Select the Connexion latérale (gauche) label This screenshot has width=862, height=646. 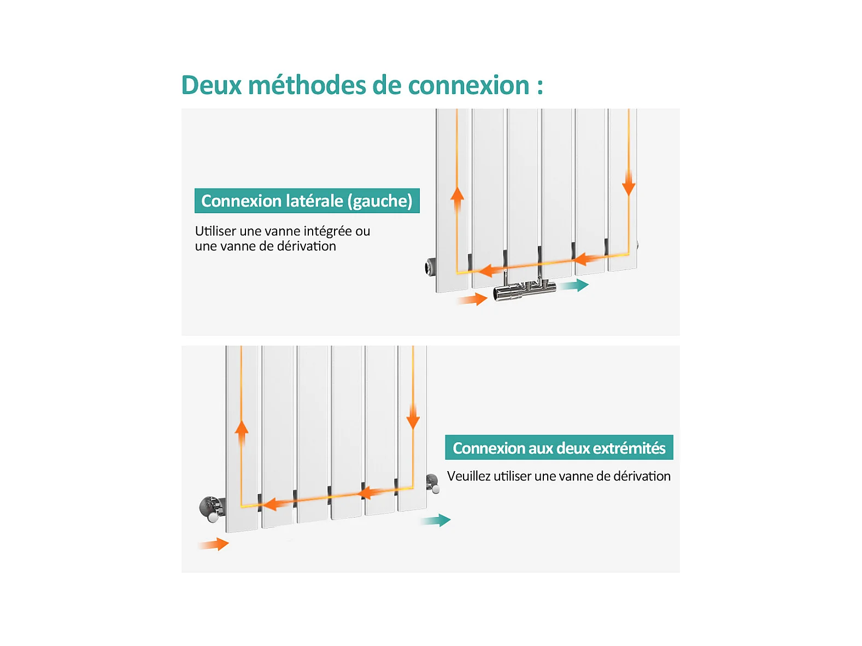(307, 201)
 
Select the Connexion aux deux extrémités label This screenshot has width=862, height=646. (559, 447)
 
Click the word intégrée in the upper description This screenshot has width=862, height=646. (327, 232)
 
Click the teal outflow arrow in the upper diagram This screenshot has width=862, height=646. (574, 285)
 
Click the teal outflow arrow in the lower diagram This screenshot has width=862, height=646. (436, 520)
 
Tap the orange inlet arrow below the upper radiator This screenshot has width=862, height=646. (472, 299)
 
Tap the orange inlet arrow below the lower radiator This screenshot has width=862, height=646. (214, 544)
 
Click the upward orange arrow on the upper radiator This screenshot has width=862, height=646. (457, 199)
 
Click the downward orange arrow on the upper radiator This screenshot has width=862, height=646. (629, 183)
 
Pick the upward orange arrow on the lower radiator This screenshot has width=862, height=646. (242, 433)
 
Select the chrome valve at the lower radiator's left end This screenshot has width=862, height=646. (213, 509)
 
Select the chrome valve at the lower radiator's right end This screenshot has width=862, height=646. (433, 483)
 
